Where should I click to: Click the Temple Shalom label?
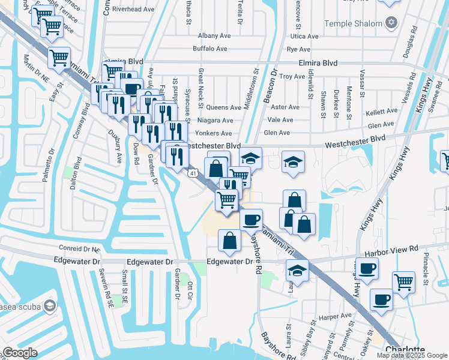pos(353,24)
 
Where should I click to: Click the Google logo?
pos(20,353)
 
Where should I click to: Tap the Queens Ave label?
pos(223,108)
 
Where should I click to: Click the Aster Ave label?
pos(285,107)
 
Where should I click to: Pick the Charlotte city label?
pos(405,350)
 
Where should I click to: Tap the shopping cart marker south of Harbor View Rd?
pos(403,282)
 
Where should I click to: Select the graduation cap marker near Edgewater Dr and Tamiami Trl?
pos(297,271)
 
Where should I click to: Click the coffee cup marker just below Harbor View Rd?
pos(367,268)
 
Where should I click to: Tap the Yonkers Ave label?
pos(214,133)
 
